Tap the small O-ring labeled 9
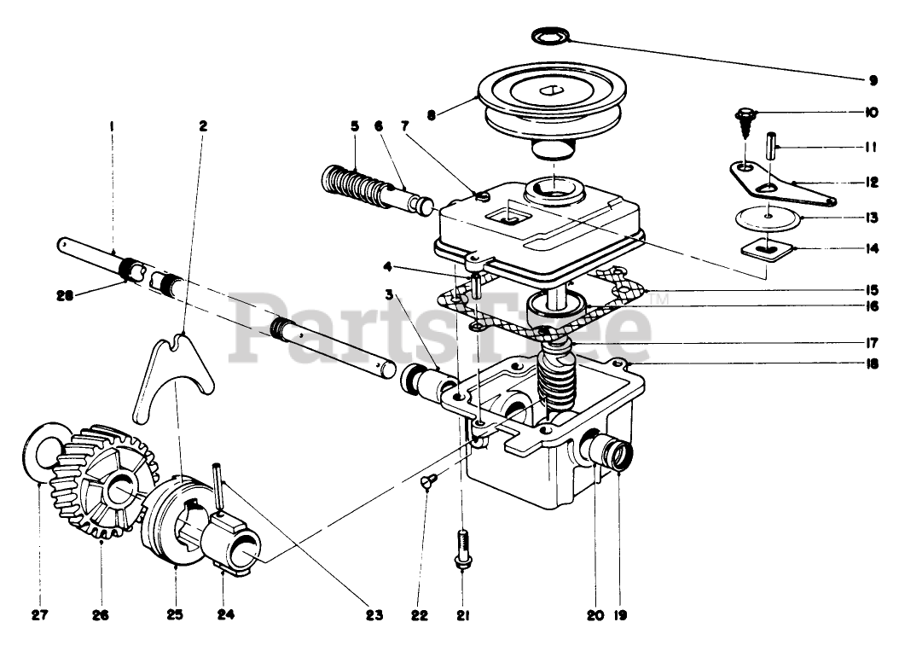click(550, 36)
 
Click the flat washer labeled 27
click(41, 456)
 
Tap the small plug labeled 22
click(427, 484)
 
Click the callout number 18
click(873, 363)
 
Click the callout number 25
click(175, 614)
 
